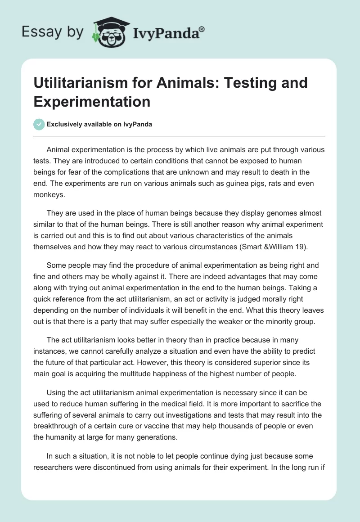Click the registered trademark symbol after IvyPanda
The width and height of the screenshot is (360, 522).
pyautogui.click(x=202, y=29)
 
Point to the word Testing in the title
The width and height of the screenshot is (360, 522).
pyautogui.click(x=250, y=83)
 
